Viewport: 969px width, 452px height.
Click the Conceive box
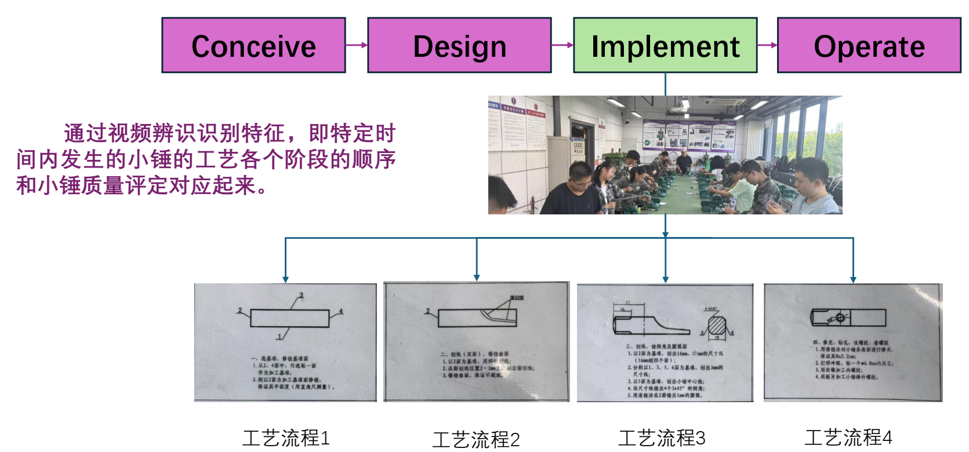point(253,45)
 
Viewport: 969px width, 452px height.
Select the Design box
point(459,45)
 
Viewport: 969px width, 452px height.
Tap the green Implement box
point(665,45)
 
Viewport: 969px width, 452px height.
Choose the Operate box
point(869,45)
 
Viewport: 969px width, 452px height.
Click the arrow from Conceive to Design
point(357,45)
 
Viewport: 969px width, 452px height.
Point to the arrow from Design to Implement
point(562,45)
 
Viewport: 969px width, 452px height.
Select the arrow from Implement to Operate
point(767,45)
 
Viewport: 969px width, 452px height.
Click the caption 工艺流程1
point(286,438)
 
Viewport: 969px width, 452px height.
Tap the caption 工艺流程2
point(476,439)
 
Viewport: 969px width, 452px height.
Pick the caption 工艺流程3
point(662,438)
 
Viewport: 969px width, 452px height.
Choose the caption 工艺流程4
point(848,438)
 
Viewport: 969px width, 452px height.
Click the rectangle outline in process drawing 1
point(289,318)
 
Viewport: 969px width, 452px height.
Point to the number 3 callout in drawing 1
point(302,296)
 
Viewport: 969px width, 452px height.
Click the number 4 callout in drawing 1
point(341,311)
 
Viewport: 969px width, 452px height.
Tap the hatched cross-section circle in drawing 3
point(717,323)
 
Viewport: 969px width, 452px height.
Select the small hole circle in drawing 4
point(840,318)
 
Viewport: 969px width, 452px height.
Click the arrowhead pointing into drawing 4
point(853,280)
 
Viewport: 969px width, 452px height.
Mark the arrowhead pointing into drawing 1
point(285,280)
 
